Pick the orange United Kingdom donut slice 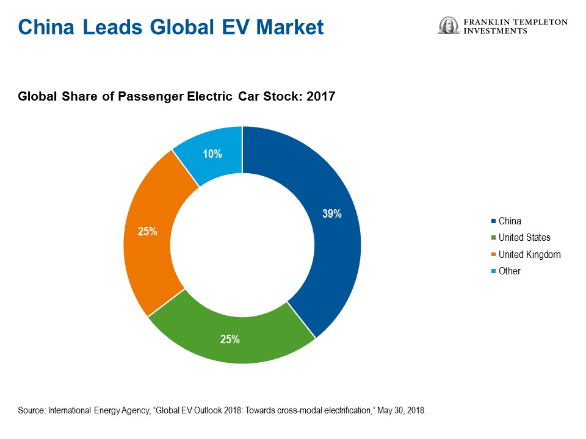point(150,244)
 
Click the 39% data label point(332,214)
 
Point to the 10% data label point(212,154)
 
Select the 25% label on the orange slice point(148,232)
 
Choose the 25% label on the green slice point(230,339)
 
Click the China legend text point(510,221)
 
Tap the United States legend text point(524,238)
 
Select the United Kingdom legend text point(529,254)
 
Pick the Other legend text point(509,271)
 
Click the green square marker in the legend point(493,238)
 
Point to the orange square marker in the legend point(493,254)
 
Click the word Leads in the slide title point(109,27)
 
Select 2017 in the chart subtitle point(322,96)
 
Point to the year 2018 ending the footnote point(416,411)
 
